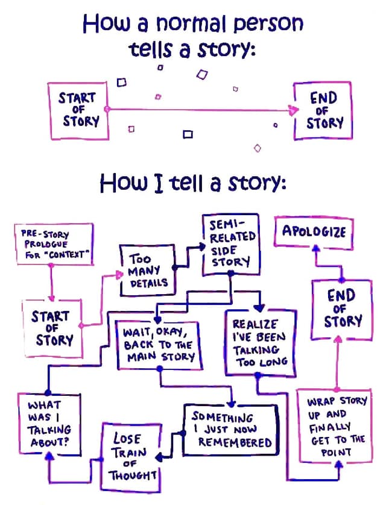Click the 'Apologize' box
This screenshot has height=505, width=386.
[314, 231]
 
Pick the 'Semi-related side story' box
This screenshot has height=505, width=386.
[229, 245]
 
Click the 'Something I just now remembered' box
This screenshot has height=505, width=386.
[232, 430]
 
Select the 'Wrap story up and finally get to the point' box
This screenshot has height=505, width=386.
[337, 427]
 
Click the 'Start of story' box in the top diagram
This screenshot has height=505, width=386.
[78, 110]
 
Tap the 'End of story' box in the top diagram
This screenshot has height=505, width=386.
[323, 111]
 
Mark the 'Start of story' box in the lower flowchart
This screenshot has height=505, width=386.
[52, 327]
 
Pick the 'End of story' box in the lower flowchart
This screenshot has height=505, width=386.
[341, 309]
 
